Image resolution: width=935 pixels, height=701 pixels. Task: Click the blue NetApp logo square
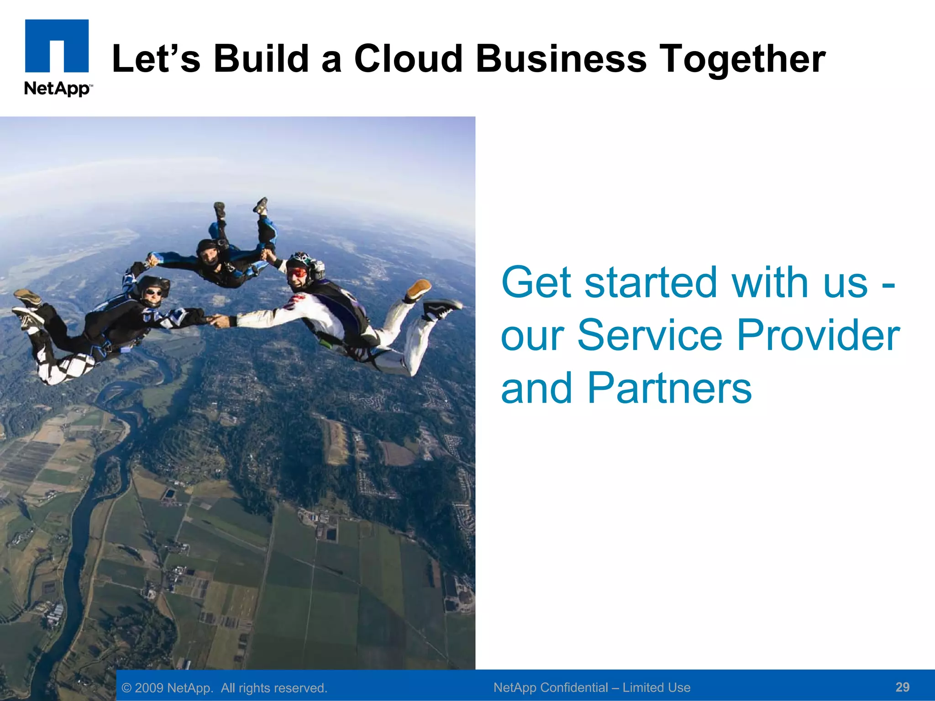57,45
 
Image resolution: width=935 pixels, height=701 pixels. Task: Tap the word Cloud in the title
408,59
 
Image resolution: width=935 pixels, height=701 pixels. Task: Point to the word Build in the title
262,59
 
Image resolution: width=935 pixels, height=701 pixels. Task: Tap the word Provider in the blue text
818,335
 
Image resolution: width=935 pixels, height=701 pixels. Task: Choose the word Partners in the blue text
669,388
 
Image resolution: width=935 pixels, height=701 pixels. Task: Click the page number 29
902,687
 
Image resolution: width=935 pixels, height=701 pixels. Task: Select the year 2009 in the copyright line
149,688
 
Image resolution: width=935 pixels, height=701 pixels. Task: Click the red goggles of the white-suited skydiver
297,272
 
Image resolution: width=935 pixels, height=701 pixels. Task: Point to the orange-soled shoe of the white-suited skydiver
418,289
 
